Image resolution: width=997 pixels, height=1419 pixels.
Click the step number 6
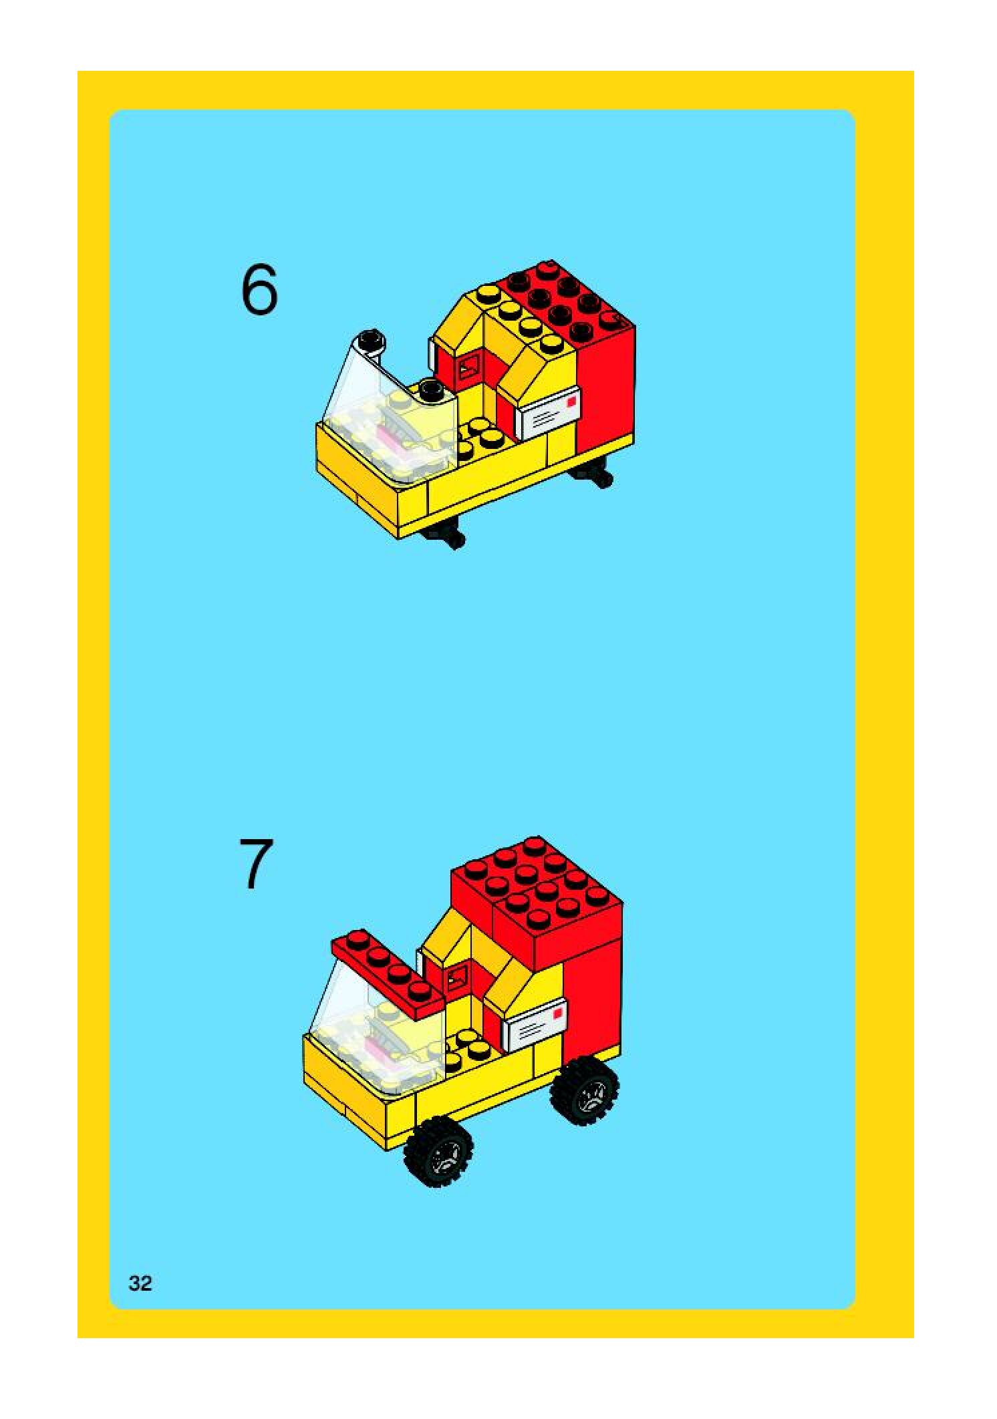(259, 289)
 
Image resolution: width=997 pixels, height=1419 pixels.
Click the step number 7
(257, 863)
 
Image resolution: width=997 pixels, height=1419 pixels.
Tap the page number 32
(140, 1283)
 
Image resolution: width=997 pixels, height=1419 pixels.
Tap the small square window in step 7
(456, 979)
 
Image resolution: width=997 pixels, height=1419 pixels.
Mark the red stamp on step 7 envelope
(557, 1013)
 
